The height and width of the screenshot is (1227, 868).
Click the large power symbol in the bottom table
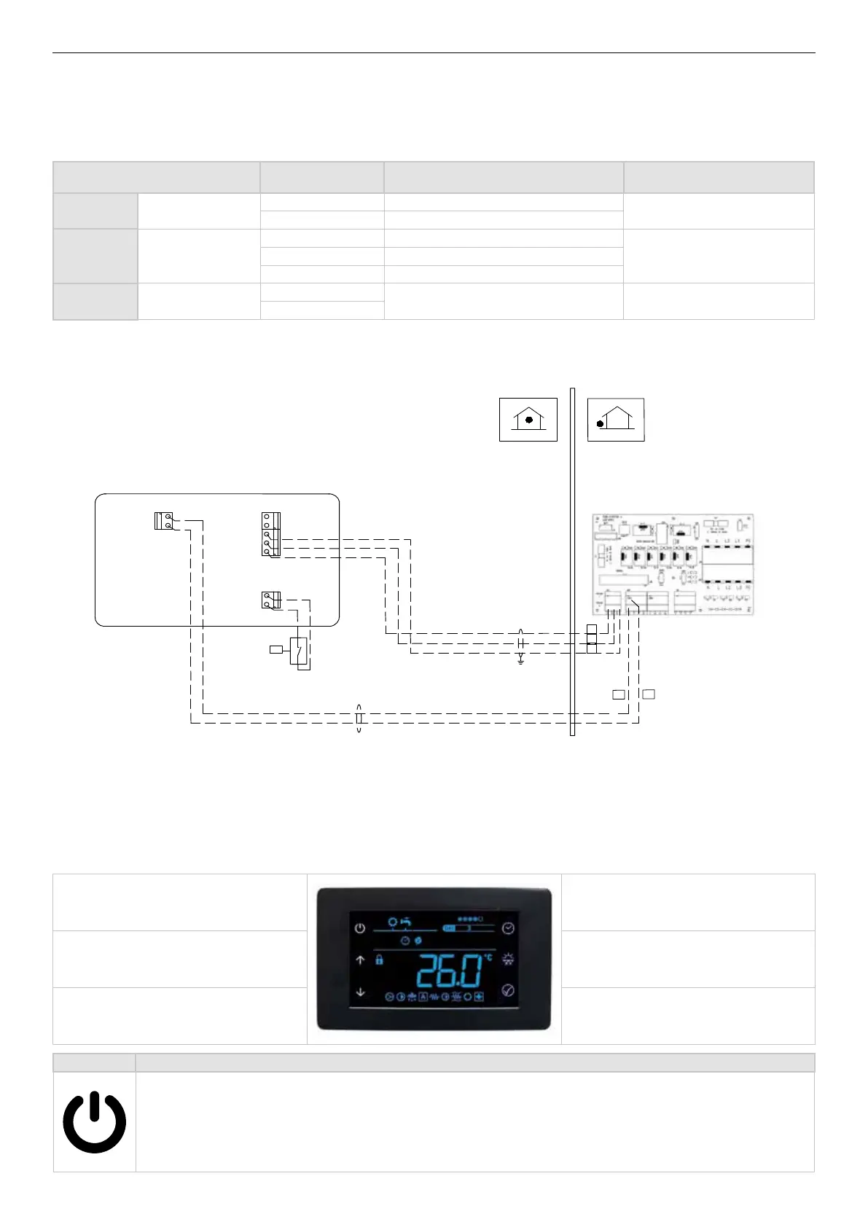tap(94, 1121)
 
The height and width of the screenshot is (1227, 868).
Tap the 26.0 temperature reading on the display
tap(450, 971)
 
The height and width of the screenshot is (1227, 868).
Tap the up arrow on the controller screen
tap(360, 960)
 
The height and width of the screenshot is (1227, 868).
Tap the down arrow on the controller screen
tap(360, 992)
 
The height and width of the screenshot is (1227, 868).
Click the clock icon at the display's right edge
tap(508, 928)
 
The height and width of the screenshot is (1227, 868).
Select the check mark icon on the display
tap(508, 991)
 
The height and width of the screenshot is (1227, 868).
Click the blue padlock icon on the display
tap(379, 960)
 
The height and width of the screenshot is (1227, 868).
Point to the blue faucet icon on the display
tap(406, 922)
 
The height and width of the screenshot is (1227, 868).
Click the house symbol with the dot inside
tap(528, 420)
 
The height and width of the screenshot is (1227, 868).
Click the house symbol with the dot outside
tap(616, 420)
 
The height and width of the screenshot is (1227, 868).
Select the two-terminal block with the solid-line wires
tap(165, 522)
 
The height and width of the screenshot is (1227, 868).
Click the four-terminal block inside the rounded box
tap(270, 534)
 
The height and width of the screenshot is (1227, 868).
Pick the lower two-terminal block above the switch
tap(270, 600)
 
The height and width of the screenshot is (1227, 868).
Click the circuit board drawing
tap(672, 565)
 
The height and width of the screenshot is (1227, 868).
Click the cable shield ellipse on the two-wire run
tap(359, 718)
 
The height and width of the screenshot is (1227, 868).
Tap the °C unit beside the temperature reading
tap(488, 957)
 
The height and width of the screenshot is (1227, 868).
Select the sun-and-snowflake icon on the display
tap(508, 960)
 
